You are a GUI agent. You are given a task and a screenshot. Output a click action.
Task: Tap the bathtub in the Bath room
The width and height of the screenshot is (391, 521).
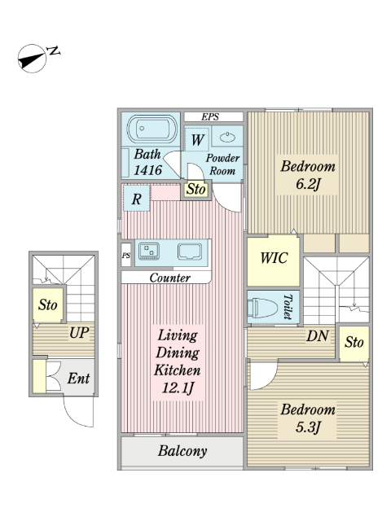(152, 129)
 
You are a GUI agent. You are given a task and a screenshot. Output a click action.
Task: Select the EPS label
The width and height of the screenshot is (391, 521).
(210, 117)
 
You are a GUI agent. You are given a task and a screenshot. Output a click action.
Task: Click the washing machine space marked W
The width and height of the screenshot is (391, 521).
(197, 140)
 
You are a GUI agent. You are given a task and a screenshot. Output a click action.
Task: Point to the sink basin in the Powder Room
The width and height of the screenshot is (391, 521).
(228, 137)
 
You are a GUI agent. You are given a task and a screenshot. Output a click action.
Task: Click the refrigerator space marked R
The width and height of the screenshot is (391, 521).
(137, 199)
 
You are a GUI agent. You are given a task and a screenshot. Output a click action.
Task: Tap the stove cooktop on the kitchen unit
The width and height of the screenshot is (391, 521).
(148, 251)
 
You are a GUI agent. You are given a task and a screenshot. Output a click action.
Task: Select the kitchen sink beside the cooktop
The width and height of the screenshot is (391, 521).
(190, 252)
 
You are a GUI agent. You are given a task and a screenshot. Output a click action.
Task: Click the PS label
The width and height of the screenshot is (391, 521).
(126, 256)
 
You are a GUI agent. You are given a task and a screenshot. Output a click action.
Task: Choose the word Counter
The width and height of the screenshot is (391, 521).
(169, 278)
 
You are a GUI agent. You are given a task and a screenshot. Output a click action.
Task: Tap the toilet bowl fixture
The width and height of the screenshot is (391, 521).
(265, 308)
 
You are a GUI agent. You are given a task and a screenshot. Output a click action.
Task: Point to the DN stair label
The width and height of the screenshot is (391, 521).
(318, 336)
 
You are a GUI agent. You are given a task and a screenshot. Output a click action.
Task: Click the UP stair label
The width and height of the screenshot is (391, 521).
(79, 333)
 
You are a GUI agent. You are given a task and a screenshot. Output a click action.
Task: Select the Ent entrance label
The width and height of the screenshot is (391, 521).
(78, 378)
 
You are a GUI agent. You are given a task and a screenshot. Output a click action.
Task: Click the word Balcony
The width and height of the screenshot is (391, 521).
(182, 451)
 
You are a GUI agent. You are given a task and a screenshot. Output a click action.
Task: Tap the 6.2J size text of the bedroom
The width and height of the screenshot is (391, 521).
(308, 184)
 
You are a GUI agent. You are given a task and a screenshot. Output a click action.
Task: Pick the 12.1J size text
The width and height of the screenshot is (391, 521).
(178, 388)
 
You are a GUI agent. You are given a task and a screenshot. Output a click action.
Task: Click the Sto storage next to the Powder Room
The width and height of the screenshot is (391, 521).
(195, 190)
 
